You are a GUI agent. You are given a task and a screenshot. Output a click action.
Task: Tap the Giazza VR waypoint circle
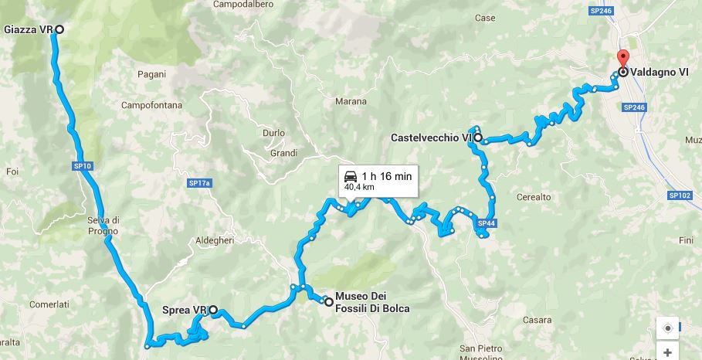point(59,29)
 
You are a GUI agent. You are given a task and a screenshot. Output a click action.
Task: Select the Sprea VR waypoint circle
point(213,311)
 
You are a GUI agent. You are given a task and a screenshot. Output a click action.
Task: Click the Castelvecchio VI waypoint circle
point(477,138)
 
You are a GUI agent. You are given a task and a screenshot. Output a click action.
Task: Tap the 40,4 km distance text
point(359,186)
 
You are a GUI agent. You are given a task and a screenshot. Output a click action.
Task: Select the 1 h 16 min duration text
point(387,175)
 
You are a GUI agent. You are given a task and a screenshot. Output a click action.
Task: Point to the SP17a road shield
point(199,183)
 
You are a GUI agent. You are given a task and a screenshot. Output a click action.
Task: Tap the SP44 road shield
point(487,224)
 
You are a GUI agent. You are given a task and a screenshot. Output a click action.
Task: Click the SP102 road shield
point(680,195)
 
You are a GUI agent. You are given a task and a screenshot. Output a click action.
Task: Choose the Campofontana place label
point(147,104)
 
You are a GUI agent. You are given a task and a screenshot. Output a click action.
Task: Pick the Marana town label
point(351,101)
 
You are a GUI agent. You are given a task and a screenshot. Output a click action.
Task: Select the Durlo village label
point(274,132)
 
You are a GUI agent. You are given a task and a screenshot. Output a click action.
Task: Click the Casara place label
point(537,319)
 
